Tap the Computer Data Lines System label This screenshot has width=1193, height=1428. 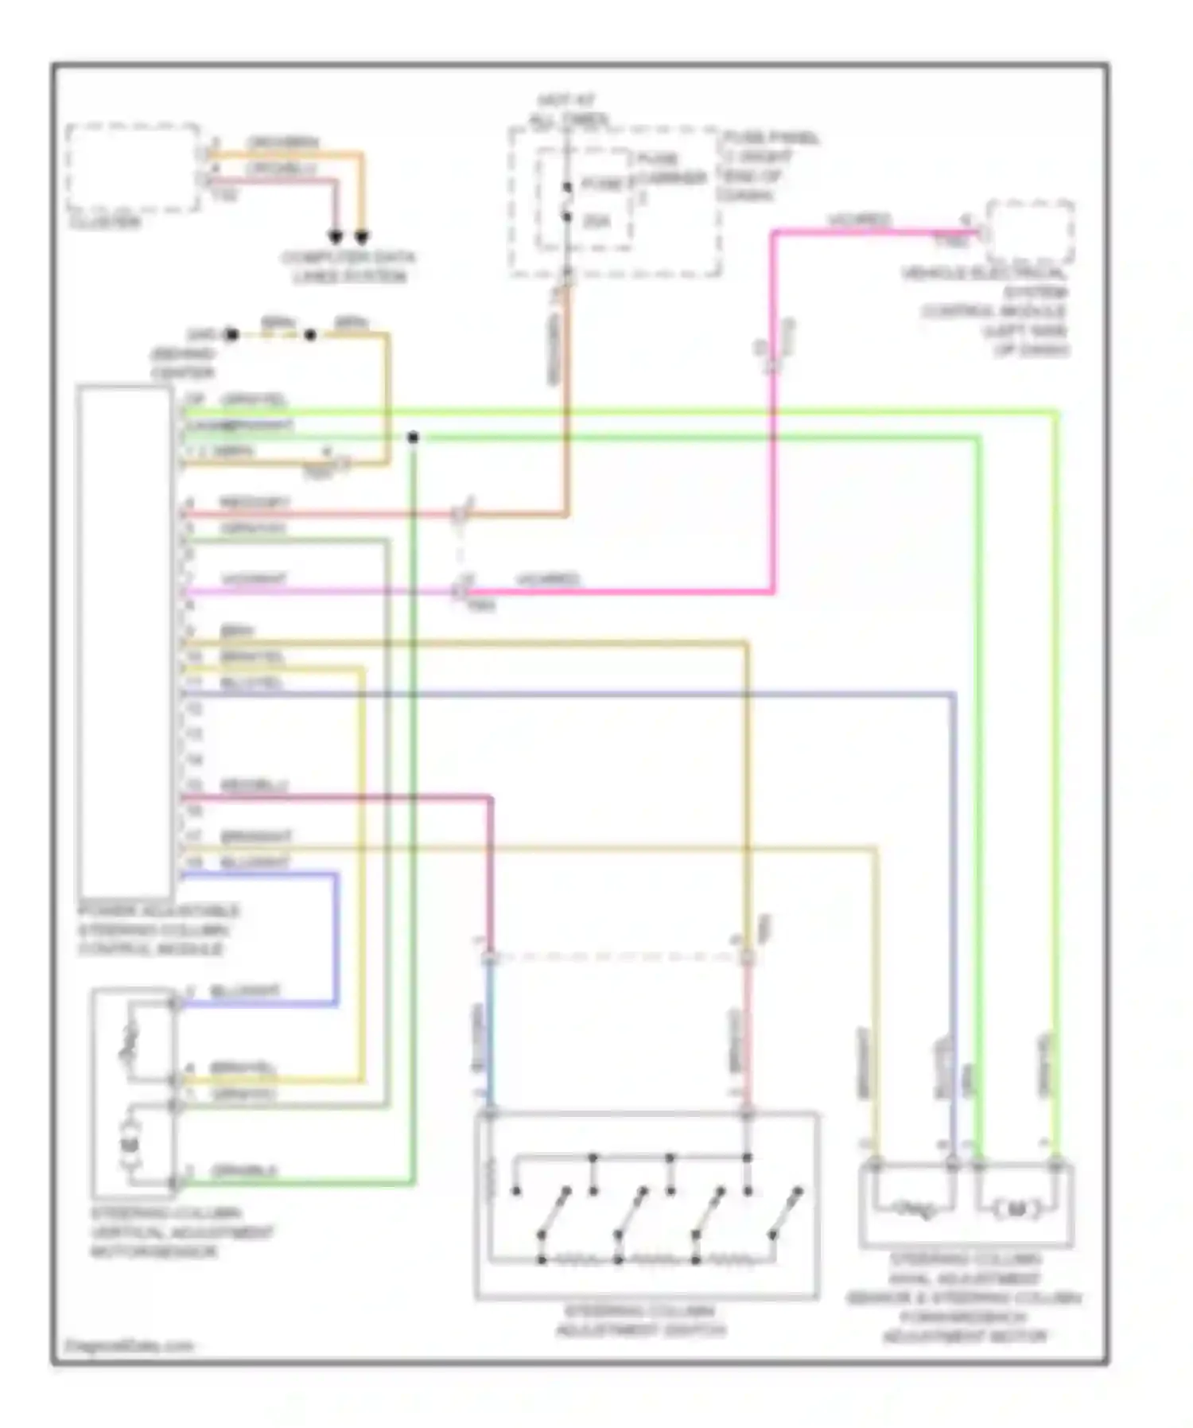[348, 267]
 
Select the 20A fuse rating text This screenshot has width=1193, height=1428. [596, 220]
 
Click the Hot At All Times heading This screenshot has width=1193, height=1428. [567, 111]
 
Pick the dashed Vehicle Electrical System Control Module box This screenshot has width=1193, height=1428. [1030, 232]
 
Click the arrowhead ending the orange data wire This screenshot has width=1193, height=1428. [361, 237]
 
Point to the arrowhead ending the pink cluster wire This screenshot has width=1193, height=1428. [336, 237]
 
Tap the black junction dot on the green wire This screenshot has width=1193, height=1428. [413, 438]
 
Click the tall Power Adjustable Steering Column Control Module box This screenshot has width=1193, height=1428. [125, 641]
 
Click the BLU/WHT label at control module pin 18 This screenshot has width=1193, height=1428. [255, 862]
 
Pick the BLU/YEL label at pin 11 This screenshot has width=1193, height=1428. [251, 683]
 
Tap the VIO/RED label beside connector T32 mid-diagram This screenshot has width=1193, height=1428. [547, 579]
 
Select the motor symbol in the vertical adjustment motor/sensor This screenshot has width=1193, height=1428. [130, 1144]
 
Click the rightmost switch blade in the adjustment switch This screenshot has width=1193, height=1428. [786, 1212]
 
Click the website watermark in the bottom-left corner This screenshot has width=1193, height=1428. [128, 1346]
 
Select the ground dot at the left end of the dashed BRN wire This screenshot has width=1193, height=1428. [231, 335]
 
